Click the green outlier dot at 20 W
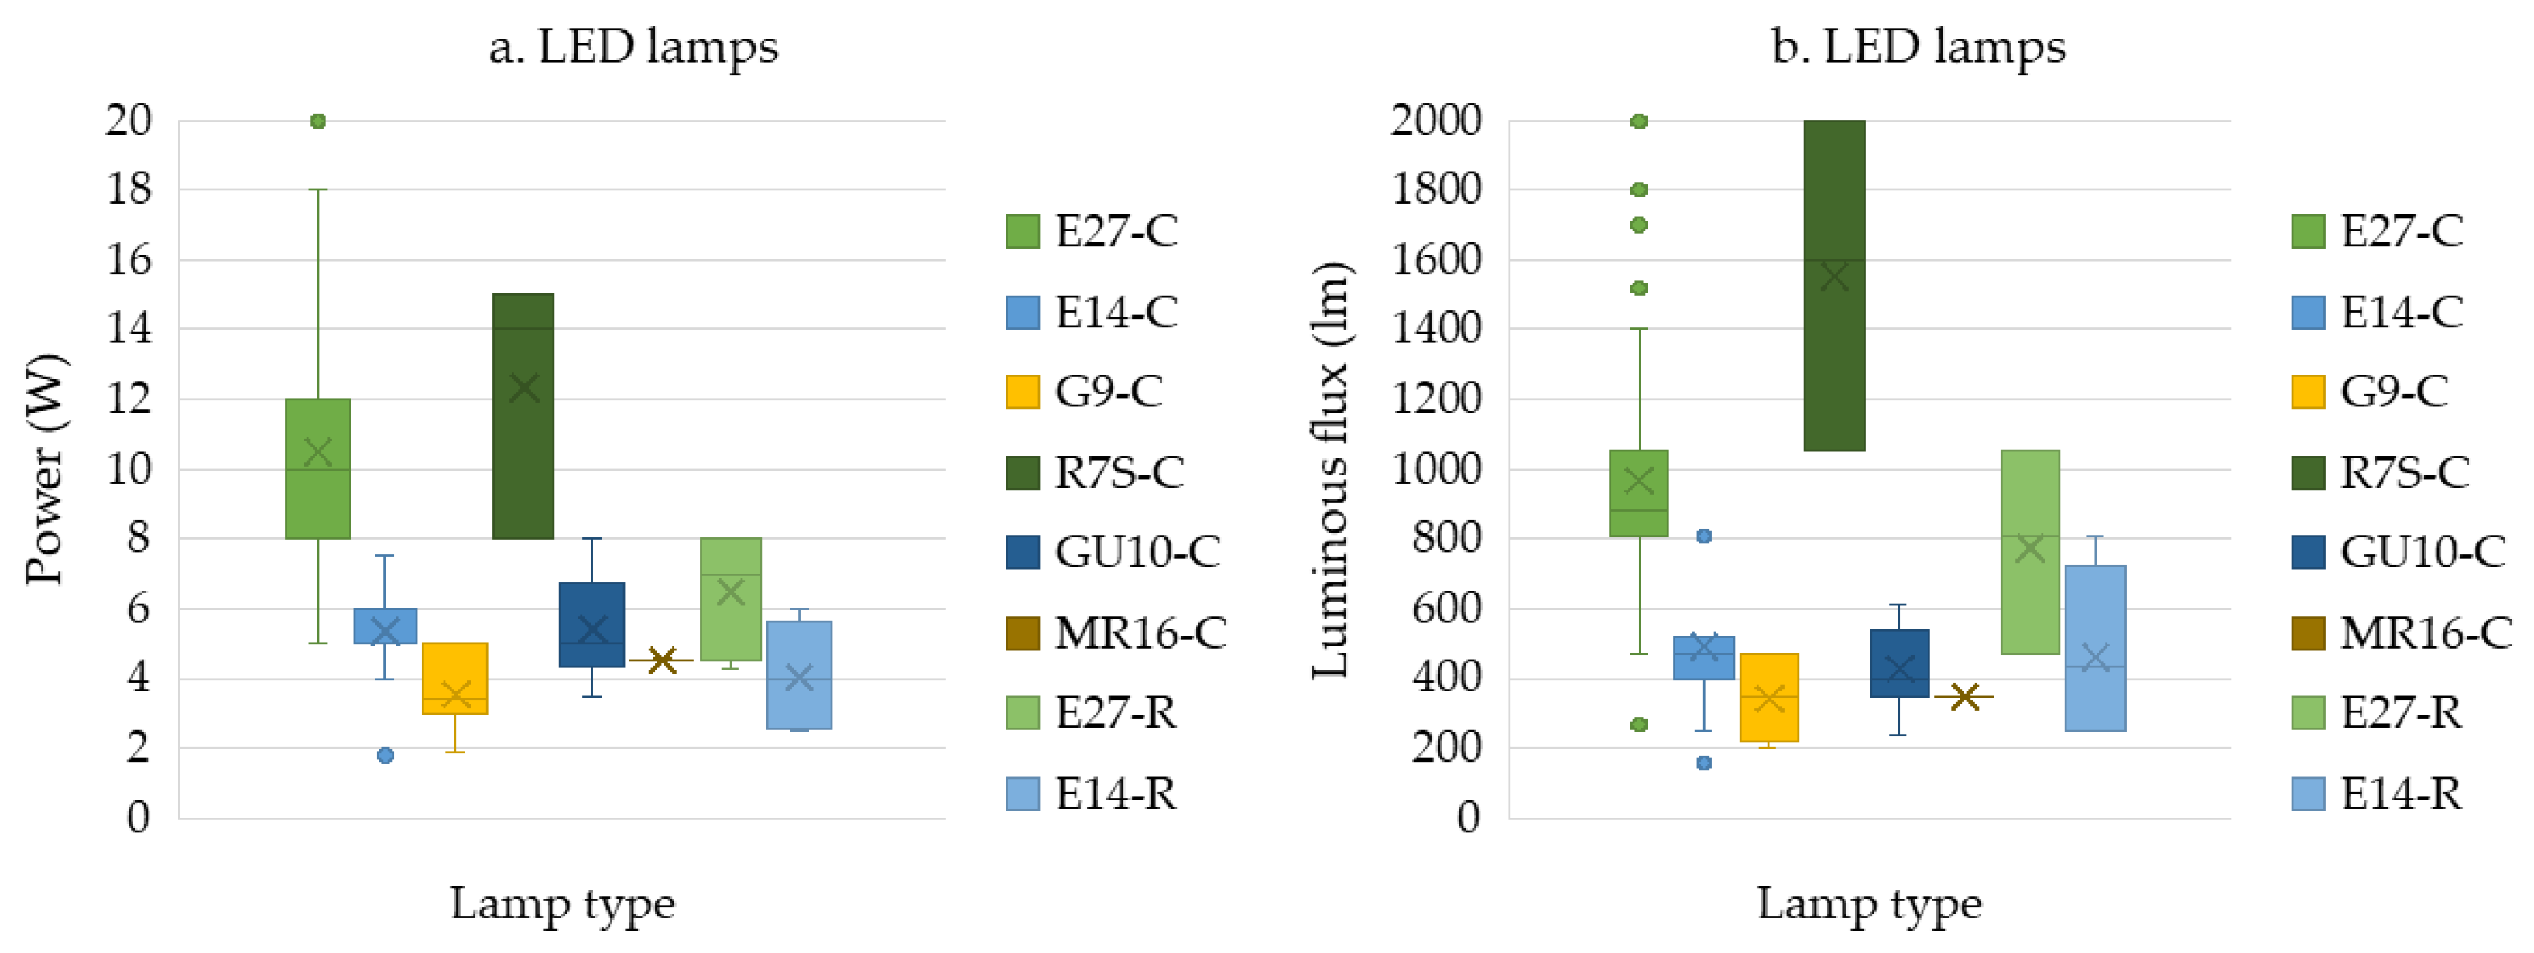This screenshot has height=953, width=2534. point(317,121)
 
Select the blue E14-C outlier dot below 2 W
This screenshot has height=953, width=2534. point(386,756)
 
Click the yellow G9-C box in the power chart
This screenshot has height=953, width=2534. point(455,679)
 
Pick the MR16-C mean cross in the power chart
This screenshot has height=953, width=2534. point(662,660)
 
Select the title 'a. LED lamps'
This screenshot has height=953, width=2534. point(633,46)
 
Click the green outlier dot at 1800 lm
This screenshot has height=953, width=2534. point(1639,190)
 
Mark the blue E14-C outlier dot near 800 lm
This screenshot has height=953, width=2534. point(1704,536)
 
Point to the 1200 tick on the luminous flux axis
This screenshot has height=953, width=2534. point(1436,399)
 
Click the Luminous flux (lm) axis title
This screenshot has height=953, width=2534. point(1332,469)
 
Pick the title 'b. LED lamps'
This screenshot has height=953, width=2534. point(1919,46)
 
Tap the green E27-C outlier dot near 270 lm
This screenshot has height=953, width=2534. point(1639,725)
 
